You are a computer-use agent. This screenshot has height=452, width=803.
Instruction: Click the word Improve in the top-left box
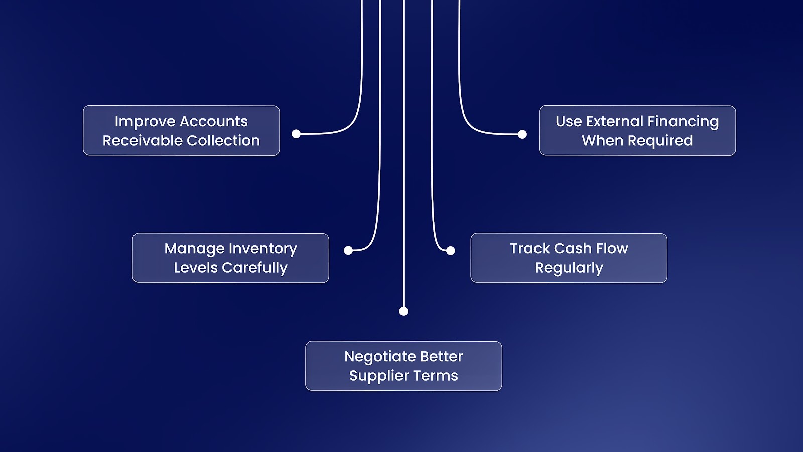pos(145,122)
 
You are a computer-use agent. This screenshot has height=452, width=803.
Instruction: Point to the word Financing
pos(683,122)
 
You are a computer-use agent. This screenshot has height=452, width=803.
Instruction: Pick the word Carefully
pos(255,268)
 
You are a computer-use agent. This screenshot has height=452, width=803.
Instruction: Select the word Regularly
pos(569,268)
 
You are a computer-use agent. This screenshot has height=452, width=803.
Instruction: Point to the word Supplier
pos(379,376)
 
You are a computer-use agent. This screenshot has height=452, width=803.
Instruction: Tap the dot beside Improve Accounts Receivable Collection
pos(296,134)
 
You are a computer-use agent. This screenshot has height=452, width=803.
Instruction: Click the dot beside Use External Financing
pos(522,134)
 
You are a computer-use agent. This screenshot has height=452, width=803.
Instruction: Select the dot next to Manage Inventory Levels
pos(348,250)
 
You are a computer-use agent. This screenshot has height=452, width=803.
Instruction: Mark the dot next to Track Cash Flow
pos(451,250)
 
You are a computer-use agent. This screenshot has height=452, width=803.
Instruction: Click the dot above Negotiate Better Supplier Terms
pos(404,311)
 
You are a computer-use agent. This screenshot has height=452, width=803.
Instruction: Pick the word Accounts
pos(213,122)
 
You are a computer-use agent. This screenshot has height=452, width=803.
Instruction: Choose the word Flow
pos(612,249)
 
